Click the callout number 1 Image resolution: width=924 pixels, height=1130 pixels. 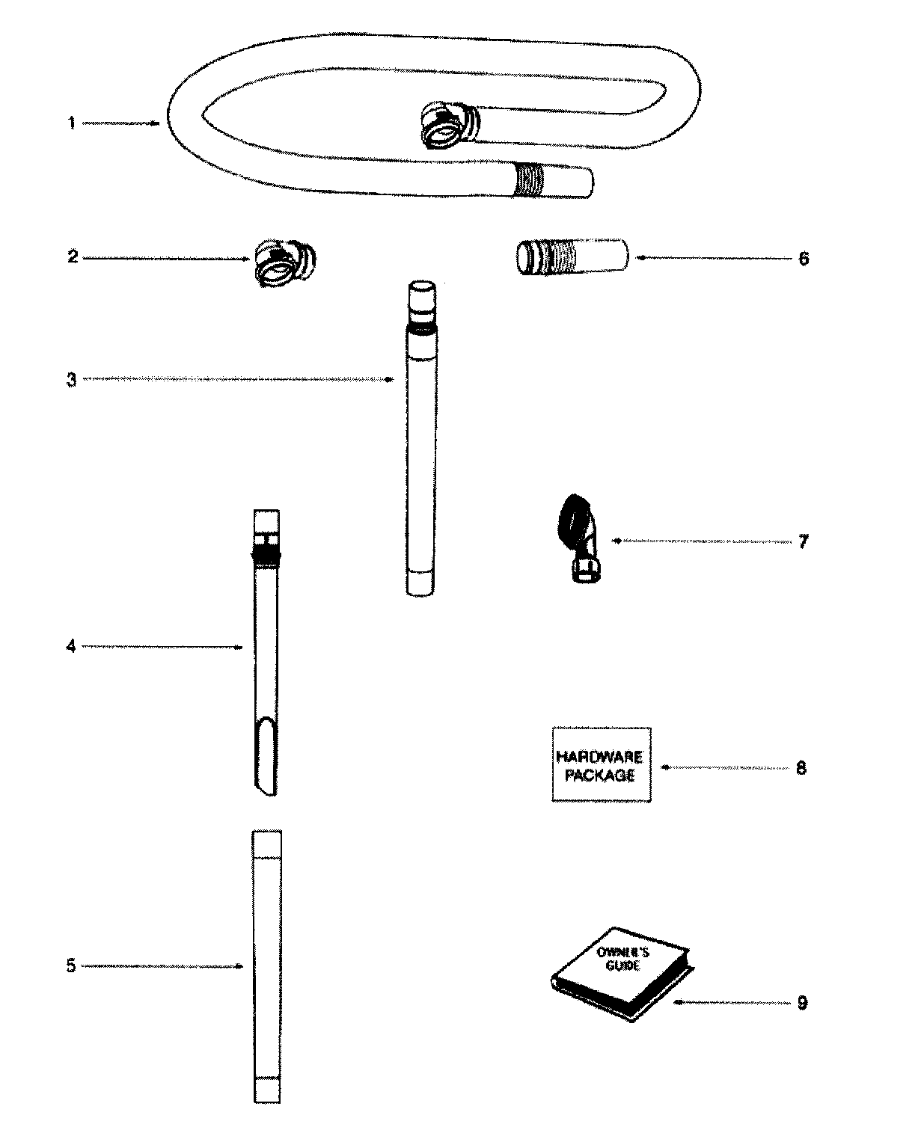(71, 123)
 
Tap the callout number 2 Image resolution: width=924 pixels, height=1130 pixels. (73, 257)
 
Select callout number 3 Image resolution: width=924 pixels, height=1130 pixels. (71, 380)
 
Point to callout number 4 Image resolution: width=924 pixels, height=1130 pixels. (71, 646)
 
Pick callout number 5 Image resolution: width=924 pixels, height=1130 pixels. (71, 966)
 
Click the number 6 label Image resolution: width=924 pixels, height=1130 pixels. (804, 259)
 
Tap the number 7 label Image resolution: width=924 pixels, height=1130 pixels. (803, 541)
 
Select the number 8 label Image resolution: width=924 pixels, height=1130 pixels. (801, 768)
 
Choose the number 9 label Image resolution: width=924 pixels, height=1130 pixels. (802, 1002)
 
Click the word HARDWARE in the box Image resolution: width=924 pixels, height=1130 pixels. (600, 757)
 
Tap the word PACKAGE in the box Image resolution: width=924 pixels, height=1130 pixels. (600, 776)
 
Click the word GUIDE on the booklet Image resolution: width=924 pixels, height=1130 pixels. (622, 965)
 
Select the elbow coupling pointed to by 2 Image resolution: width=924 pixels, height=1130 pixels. (285, 262)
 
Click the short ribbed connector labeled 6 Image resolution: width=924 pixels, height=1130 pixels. (572, 257)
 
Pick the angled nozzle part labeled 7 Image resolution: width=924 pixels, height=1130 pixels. (579, 538)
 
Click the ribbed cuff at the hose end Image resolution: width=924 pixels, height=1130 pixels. (528, 180)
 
